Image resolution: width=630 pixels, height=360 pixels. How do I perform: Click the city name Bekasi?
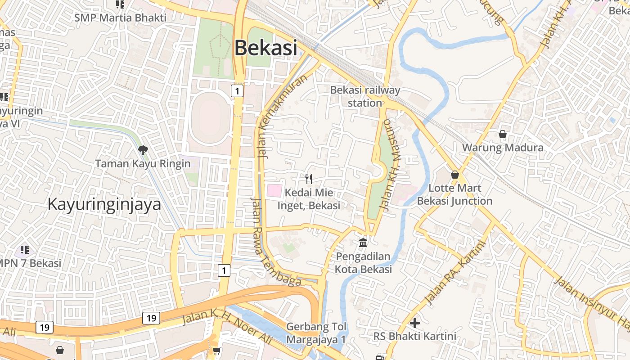click(266, 48)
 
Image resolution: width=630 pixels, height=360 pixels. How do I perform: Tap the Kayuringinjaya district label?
click(104, 204)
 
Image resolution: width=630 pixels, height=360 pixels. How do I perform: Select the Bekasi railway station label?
click(365, 96)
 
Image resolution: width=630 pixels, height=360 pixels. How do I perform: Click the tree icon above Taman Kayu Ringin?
click(143, 150)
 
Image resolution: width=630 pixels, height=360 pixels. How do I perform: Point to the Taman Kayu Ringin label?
click(143, 163)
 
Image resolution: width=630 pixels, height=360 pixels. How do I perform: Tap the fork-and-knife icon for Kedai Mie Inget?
click(309, 179)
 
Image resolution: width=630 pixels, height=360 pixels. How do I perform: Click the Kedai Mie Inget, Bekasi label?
click(309, 199)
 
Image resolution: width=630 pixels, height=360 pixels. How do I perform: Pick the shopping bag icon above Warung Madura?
click(503, 134)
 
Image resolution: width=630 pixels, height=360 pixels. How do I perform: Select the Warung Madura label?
click(503, 148)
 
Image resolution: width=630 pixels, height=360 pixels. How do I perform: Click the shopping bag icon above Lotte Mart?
click(455, 175)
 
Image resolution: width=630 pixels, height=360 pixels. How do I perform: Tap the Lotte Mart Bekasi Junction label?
click(455, 194)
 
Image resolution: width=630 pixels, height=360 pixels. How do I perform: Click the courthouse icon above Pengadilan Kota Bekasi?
click(363, 243)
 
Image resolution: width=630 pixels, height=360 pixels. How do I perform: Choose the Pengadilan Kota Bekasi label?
click(363, 263)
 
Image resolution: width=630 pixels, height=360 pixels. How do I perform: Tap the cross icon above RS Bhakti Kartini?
click(415, 323)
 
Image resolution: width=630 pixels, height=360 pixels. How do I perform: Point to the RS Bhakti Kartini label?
click(415, 336)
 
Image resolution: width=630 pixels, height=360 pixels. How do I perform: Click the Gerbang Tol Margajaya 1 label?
click(316, 333)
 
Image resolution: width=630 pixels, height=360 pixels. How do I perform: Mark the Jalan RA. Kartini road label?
click(455, 273)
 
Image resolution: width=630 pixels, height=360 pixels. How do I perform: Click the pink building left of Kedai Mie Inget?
click(274, 190)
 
